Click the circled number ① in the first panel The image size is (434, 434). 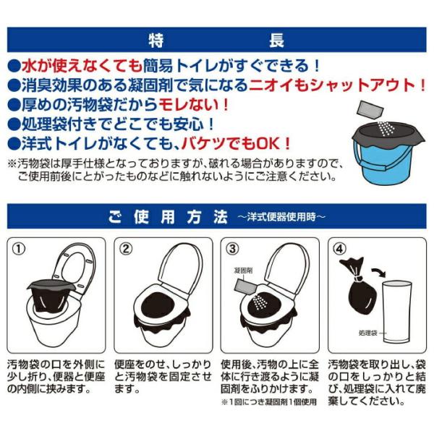click(19, 249)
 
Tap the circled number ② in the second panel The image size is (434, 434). click(126, 249)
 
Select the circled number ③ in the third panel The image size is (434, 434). click(233, 249)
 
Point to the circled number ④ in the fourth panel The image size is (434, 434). click(340, 249)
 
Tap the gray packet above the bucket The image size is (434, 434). click(370, 110)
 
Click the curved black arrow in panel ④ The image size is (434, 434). click(378, 272)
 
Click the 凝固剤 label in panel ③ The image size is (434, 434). click(243, 271)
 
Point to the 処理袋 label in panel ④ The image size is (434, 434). click(368, 333)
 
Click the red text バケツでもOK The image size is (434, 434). click(236, 144)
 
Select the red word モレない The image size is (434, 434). click(193, 105)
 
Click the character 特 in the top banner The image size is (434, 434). click(156, 40)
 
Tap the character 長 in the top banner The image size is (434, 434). click(276, 40)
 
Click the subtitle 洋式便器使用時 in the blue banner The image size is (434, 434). click(281, 217)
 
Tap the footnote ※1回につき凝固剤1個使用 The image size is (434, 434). click(269, 402)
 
